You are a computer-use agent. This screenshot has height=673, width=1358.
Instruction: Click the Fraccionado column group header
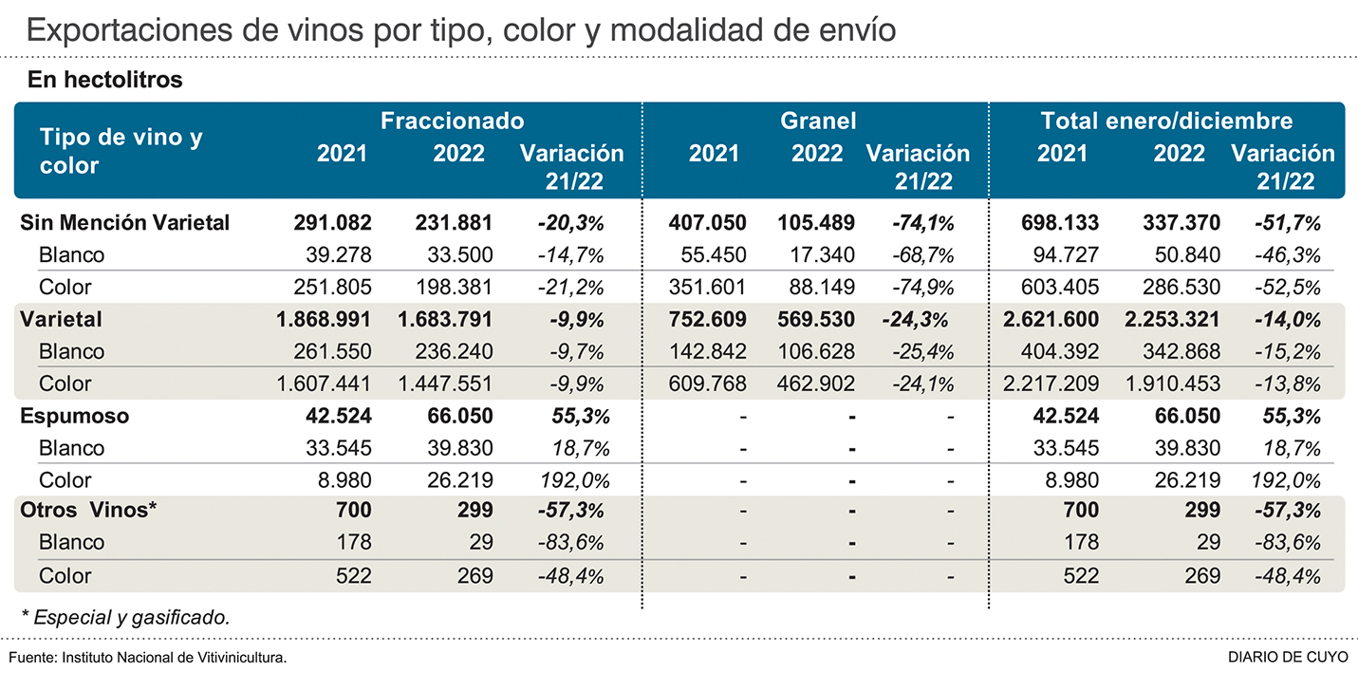click(x=452, y=122)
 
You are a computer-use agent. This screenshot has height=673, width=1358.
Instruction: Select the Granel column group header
click(x=818, y=122)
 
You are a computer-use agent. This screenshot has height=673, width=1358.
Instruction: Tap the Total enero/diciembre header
click(x=1166, y=122)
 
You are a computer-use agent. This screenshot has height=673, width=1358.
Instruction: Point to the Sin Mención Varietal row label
click(x=125, y=223)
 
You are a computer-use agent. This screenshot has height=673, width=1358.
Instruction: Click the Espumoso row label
click(x=75, y=416)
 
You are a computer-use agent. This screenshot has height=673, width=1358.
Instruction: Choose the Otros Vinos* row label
click(x=88, y=510)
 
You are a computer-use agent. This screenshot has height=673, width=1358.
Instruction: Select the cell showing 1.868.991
click(x=318, y=319)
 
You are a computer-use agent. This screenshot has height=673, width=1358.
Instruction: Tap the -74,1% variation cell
click(x=921, y=223)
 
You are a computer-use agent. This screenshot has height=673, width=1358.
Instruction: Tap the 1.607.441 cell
click(x=318, y=383)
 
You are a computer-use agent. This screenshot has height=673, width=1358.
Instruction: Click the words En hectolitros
click(x=105, y=80)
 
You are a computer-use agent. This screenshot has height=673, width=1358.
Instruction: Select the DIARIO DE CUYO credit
click(x=1287, y=657)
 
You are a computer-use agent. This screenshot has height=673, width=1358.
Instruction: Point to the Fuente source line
click(x=148, y=657)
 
